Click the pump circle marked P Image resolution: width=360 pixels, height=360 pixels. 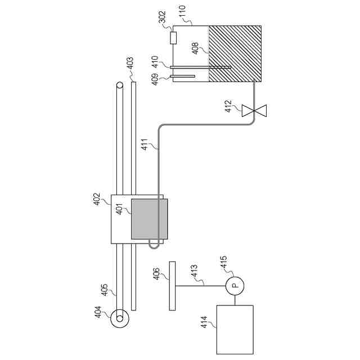(235, 286)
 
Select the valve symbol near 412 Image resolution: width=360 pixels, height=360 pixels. (254, 110)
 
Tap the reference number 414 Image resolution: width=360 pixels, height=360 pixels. (205, 322)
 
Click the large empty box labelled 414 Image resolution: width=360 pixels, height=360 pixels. (235, 329)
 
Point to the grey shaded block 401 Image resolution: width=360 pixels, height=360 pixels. (149, 219)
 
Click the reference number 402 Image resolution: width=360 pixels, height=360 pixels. (97, 200)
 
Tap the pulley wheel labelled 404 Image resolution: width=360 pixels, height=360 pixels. (120, 320)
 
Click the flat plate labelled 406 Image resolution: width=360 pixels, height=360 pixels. (172, 285)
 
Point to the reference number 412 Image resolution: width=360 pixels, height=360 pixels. (229, 106)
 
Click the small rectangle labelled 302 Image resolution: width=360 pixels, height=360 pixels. (173, 38)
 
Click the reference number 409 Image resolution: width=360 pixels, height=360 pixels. (155, 78)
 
